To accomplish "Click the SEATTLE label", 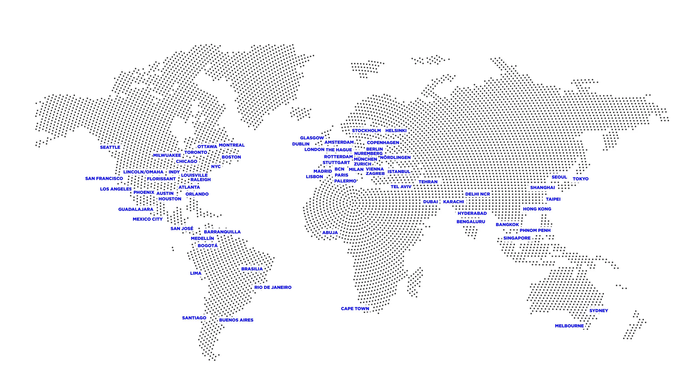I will [110, 147].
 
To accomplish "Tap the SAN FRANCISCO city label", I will [104, 178].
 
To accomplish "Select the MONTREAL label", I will [231, 145].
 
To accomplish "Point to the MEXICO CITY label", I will [147, 219].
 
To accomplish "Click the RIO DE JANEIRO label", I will [273, 287].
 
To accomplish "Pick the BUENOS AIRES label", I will [236, 320].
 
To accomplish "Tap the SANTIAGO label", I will [194, 318].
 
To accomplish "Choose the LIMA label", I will [195, 273].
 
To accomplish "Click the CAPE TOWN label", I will [355, 308].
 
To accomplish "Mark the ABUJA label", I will [330, 233].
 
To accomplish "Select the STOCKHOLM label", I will [366, 130].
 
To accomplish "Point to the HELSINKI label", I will [396, 130].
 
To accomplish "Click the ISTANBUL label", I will [399, 171].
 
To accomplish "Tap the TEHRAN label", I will [428, 182].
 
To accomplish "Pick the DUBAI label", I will [430, 202].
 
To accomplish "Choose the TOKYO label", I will [580, 179].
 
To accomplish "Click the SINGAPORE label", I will [517, 238].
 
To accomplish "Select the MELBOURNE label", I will [569, 326].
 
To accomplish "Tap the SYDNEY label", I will [599, 310].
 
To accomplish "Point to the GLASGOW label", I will [312, 138].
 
